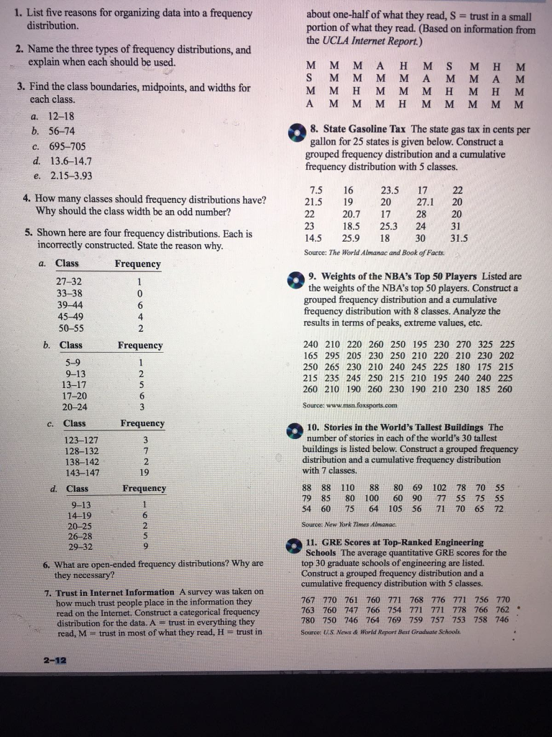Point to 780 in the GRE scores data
tap(308, 620)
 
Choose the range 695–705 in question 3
tap(68, 146)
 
